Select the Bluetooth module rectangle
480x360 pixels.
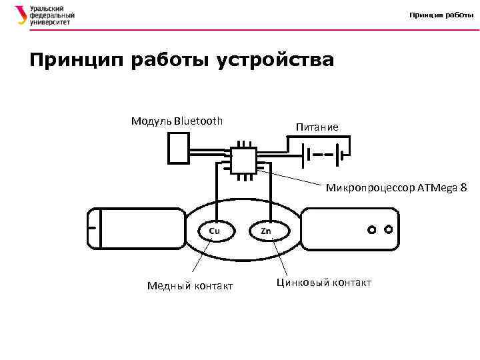click(179, 148)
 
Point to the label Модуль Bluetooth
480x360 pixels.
click(177, 121)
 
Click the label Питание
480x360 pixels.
click(317, 127)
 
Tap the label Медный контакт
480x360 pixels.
click(190, 286)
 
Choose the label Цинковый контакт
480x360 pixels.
click(323, 283)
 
